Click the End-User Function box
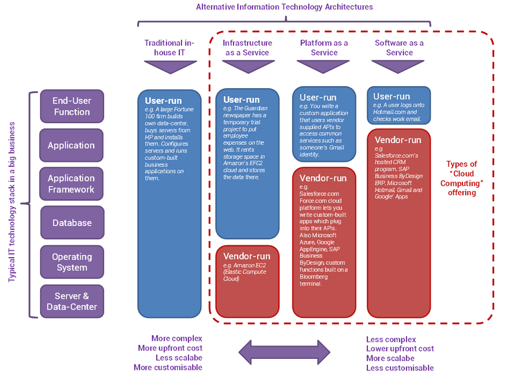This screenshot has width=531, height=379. (71, 106)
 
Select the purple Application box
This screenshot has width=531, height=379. (71, 145)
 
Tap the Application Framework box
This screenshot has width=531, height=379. (71, 184)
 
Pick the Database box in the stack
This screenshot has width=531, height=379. (71, 223)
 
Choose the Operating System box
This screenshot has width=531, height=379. (71, 262)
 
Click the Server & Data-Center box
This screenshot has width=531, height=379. (71, 301)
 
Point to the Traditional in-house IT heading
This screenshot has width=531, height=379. (170, 48)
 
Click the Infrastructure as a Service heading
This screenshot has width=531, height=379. (247, 48)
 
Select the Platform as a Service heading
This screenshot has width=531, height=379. (324, 48)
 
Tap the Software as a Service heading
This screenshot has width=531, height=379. (399, 48)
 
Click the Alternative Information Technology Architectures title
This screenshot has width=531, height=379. (284, 7)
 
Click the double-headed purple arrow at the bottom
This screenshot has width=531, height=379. (284, 352)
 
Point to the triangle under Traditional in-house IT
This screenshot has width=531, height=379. (170, 67)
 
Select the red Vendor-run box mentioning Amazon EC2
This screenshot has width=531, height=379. (247, 282)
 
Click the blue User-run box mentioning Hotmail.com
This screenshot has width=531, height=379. (399, 106)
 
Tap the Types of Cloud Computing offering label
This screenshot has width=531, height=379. (462, 178)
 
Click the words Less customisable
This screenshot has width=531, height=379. (400, 368)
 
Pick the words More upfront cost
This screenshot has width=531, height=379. (170, 348)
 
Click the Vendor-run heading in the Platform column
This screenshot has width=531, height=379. (323, 178)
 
